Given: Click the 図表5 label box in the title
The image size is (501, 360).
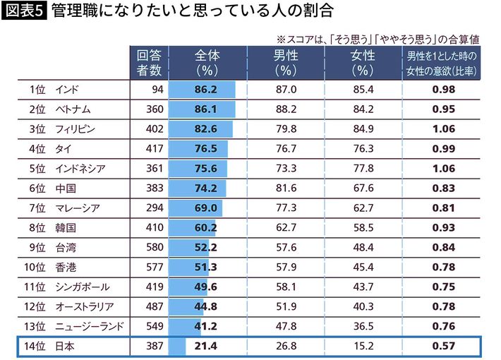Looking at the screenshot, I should tap(23, 12).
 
